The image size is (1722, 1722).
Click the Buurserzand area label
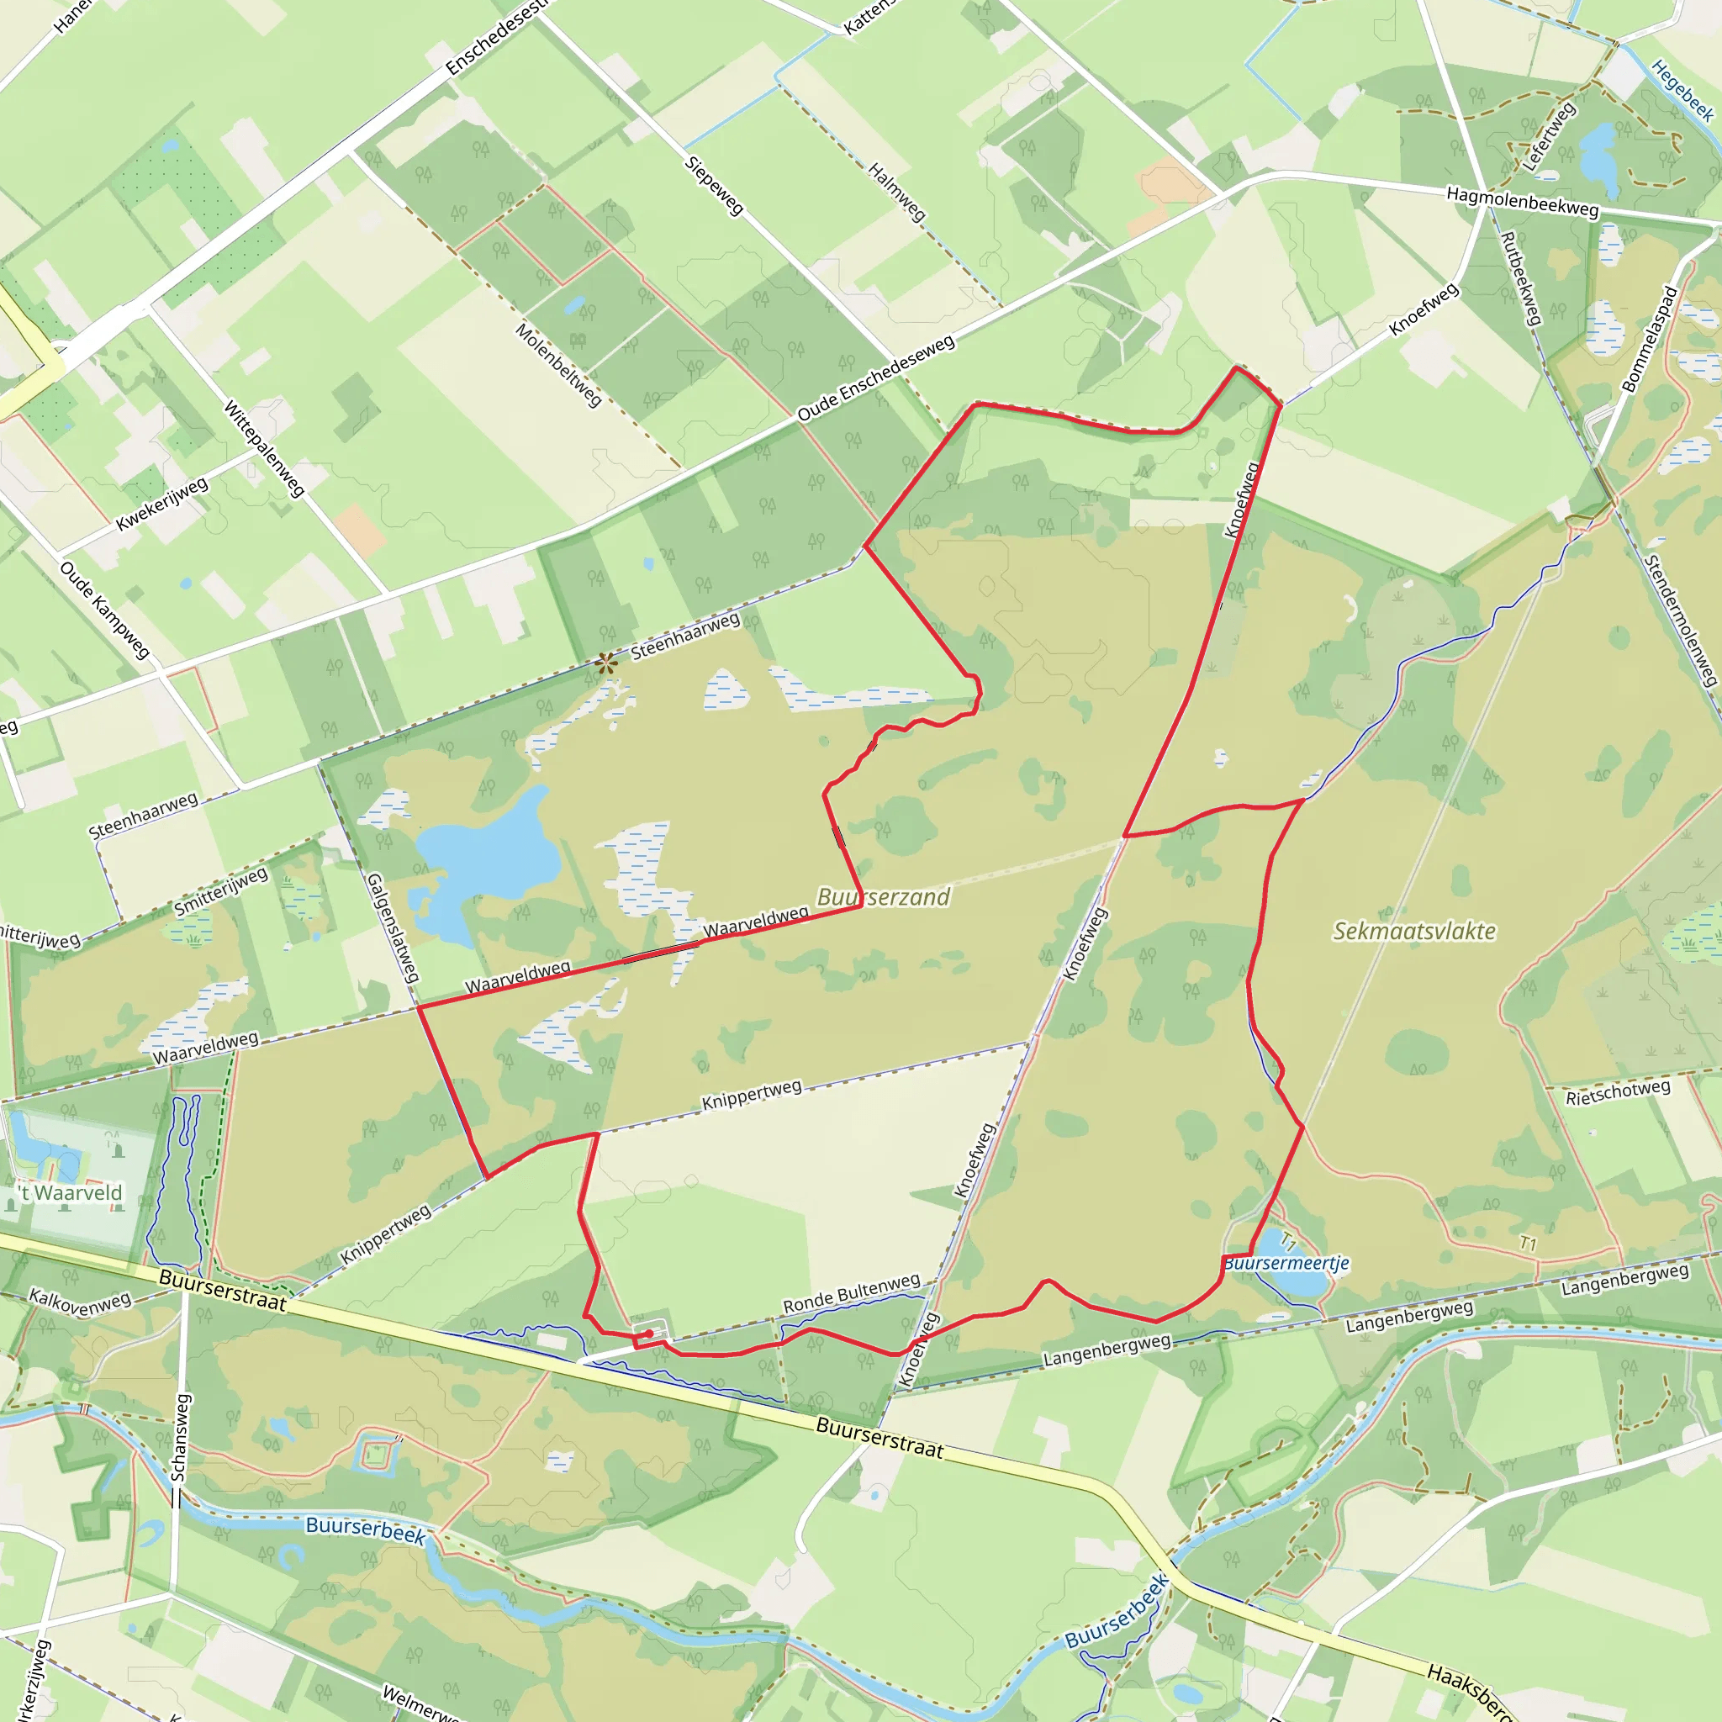[x=884, y=896]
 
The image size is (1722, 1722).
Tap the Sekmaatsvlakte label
[x=1413, y=932]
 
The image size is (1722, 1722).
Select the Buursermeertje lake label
[x=1287, y=1263]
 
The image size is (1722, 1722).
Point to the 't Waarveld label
[x=71, y=1192]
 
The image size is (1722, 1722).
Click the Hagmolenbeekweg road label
[x=1523, y=202]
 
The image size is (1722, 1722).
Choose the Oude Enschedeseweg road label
[x=875, y=378]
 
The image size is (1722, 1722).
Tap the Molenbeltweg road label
[x=559, y=366]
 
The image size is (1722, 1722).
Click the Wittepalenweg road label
[x=264, y=448]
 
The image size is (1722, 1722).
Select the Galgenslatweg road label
[x=393, y=927]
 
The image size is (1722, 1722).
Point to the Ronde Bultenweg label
[x=851, y=1293]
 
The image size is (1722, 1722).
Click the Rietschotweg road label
[x=1618, y=1092]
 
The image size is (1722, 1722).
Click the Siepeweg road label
[x=714, y=185]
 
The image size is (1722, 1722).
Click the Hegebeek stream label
[x=1682, y=90]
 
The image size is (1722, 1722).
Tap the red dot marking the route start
[x=650, y=1334]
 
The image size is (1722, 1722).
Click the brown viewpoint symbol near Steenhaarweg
[x=607, y=663]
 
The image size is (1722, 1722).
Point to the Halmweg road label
[x=896, y=193]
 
